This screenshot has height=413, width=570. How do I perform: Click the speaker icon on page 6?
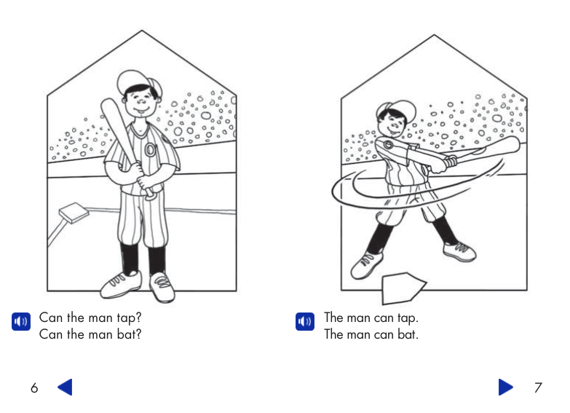(21, 322)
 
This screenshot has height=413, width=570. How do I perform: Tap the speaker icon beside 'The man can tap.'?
(305, 322)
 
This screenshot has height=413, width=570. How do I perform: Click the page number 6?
(34, 388)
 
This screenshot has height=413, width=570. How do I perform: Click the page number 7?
(538, 388)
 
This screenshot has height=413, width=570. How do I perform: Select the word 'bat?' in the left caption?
(129, 334)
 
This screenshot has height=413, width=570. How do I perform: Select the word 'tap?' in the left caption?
(129, 318)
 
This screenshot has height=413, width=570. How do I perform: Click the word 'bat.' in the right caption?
(408, 334)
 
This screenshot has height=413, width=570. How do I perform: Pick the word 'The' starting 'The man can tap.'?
(333, 318)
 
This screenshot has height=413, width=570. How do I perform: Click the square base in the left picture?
(74, 213)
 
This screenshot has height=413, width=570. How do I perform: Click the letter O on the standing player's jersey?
(149, 149)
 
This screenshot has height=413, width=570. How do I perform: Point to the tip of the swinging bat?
(518, 143)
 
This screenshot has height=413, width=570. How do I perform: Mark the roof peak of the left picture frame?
(142, 31)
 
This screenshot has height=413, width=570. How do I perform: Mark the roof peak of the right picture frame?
(434, 35)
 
